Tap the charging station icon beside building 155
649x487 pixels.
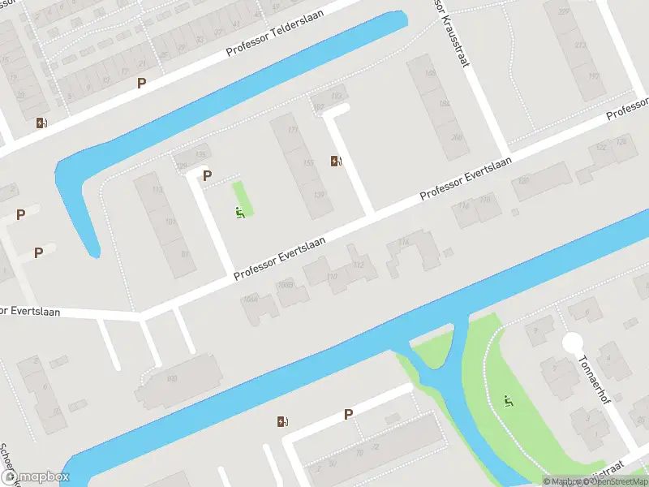click(x=336, y=161)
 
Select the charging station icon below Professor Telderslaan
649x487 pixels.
click(x=41, y=123)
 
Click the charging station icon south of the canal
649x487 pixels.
click(x=282, y=420)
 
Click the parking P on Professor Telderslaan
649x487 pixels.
click(x=142, y=83)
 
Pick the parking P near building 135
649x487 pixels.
click(x=207, y=175)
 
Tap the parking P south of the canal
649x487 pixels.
click(x=348, y=414)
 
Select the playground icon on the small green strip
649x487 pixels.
click(x=240, y=213)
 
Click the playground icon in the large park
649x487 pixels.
click(x=508, y=400)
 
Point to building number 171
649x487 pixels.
click(x=293, y=131)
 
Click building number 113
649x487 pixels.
click(x=157, y=190)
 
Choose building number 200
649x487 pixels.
click(x=457, y=137)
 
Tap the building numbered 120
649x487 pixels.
click(x=523, y=181)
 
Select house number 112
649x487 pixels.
click(x=359, y=265)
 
